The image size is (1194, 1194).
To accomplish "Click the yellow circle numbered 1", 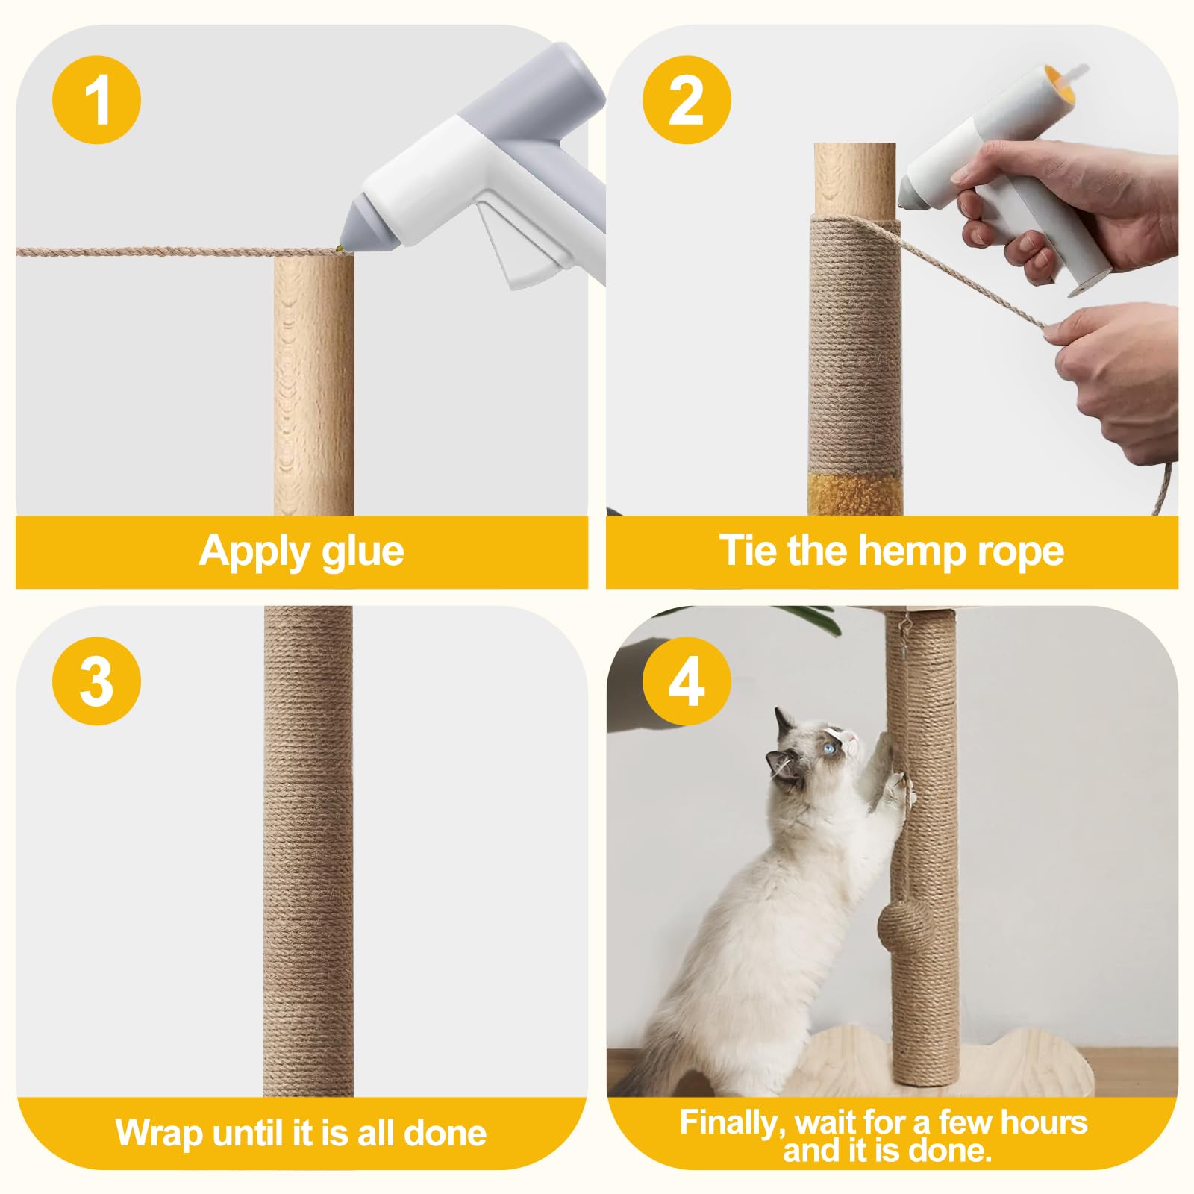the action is coord(97,99).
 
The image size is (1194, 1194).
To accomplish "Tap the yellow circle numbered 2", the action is coord(687,99).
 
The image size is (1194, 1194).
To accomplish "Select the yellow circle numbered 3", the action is coord(97,681).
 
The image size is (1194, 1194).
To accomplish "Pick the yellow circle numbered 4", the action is coord(687,681).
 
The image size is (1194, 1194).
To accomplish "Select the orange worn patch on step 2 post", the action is coord(851,493).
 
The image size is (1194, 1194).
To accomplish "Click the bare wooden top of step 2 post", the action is coord(854,180).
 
